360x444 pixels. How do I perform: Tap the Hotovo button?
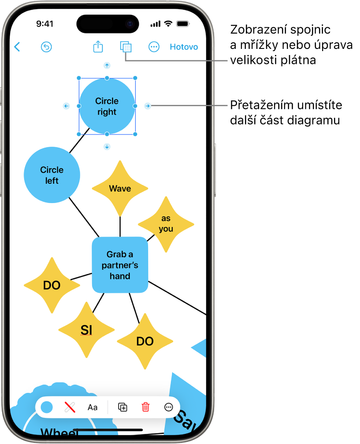pos(184,47)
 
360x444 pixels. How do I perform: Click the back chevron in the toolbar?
pos(17,47)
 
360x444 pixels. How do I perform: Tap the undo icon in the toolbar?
pos(46,47)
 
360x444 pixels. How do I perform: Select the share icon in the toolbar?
pos(98,47)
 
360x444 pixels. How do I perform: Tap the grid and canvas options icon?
pos(126,47)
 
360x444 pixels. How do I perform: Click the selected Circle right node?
pos(107,106)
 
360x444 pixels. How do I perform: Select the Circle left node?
pos(52,175)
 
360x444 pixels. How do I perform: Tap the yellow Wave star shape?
pos(120,189)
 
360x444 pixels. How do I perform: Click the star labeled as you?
pos(166,224)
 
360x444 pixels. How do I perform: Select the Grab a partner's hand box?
pos(120,265)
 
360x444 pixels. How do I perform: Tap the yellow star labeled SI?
pos(86,329)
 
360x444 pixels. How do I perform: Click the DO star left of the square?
pos(52,285)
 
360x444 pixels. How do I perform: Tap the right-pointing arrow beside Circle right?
pos(148,106)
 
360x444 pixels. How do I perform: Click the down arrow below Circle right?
pos(107,147)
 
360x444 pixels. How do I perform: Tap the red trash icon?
pos(145,407)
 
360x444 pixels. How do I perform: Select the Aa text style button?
pos(93,407)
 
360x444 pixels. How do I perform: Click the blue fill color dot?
pos(47,407)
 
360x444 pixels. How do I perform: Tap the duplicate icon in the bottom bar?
pos(123,407)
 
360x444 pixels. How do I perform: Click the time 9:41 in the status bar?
pos(45,24)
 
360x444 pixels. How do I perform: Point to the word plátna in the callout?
pos(300,60)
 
